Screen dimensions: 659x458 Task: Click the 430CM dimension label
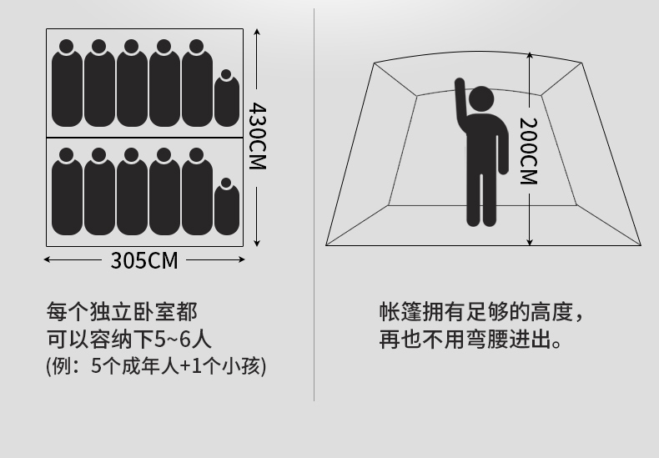257,137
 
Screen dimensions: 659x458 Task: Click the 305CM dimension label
144,260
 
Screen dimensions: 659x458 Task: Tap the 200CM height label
529,151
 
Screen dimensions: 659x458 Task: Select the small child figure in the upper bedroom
227,98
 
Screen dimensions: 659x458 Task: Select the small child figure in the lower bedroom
227,206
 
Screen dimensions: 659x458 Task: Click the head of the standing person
480,99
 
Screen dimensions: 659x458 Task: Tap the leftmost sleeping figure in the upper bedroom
67,83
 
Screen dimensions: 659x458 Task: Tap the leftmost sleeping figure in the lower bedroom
67,192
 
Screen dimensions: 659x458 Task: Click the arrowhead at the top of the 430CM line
257,32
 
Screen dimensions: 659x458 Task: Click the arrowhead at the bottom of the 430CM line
257,243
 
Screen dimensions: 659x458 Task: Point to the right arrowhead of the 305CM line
241,259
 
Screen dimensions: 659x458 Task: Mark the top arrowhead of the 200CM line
530,56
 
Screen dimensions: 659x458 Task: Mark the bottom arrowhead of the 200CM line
530,242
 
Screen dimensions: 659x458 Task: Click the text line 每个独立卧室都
122,312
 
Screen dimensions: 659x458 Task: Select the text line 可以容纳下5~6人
129,339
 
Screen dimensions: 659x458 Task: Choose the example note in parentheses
156,365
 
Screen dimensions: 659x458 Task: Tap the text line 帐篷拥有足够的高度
481,312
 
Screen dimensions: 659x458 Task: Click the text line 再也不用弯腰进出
470,339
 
